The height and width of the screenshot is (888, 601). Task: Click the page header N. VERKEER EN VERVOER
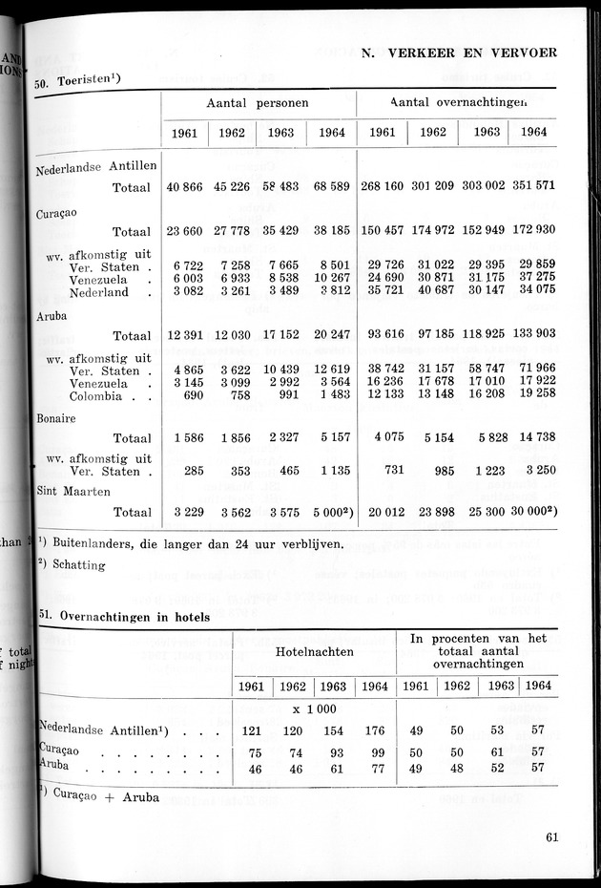pos(460,53)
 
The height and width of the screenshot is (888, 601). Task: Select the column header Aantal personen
pos(258,102)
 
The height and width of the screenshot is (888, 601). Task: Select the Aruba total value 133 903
pos(532,336)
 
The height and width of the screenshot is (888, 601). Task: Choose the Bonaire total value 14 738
pos(532,438)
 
